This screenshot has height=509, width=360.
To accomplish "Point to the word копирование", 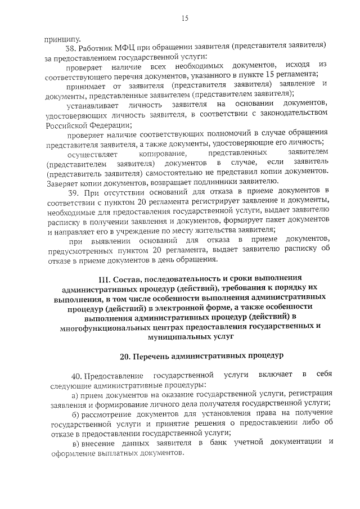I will click(x=163, y=153).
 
